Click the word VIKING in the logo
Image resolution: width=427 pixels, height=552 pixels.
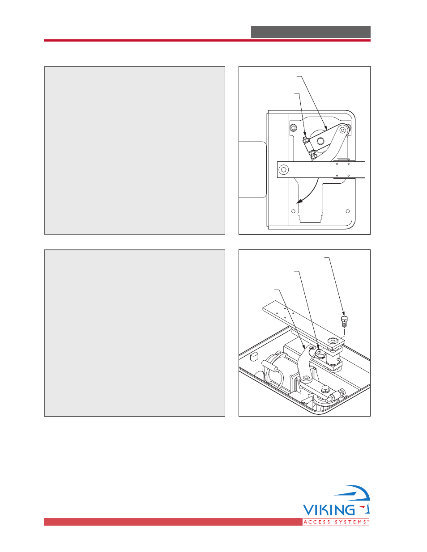(329, 510)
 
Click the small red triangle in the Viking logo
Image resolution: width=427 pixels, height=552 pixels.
(364, 508)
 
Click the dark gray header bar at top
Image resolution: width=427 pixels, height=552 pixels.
(311, 32)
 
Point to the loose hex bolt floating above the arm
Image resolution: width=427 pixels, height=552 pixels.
(344, 322)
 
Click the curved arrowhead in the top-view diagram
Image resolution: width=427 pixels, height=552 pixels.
(300, 201)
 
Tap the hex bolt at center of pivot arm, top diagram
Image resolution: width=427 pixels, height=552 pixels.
(321, 140)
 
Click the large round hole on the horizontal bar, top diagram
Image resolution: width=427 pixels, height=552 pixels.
(284, 169)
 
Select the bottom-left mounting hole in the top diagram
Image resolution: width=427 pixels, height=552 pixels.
(293, 211)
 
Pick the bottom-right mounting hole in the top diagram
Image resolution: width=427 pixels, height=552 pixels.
(348, 211)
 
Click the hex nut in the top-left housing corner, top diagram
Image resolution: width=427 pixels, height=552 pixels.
(293, 127)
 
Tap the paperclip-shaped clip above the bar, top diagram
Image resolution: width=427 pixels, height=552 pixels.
(343, 159)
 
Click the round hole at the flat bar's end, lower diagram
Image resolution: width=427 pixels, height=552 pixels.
(333, 340)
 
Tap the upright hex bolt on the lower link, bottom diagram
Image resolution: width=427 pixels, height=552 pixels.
(325, 389)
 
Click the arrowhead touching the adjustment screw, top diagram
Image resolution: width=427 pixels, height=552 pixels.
(305, 134)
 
